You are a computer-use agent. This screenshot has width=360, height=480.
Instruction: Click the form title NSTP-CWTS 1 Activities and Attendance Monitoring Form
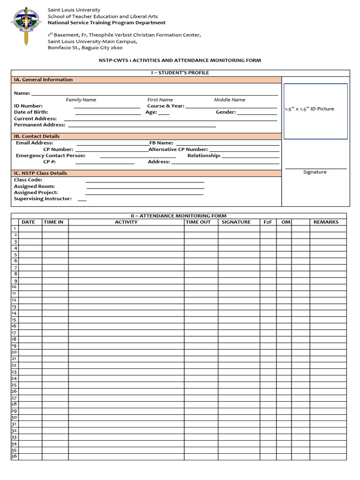[180, 60]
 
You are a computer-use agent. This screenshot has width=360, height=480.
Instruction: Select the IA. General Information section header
[43, 80]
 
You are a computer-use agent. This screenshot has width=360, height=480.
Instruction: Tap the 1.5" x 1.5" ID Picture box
[315, 111]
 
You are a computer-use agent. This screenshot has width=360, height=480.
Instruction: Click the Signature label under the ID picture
[315, 172]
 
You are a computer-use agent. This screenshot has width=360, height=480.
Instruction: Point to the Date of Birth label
[31, 112]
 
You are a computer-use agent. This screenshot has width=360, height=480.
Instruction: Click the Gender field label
[226, 112]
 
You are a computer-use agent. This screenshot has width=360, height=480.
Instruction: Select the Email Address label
[35, 143]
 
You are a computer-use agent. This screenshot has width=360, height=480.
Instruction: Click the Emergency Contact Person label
[51, 156]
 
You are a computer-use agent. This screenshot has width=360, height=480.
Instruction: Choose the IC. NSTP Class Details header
[40, 173]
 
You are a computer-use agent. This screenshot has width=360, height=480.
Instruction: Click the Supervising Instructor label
[43, 199]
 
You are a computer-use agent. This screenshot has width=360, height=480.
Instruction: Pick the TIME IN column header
[53, 222]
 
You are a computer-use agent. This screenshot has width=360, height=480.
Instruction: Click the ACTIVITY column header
[126, 222]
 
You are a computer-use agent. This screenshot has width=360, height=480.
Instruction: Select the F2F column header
[268, 222]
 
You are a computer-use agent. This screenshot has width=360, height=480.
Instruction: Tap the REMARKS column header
[326, 222]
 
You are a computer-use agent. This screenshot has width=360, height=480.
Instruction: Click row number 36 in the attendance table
[14, 456]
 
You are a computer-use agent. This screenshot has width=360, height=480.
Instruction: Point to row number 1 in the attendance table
[15, 228]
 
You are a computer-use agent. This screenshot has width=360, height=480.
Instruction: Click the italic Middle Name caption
[229, 100]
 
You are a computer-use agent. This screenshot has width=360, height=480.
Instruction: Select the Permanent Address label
[39, 125]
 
